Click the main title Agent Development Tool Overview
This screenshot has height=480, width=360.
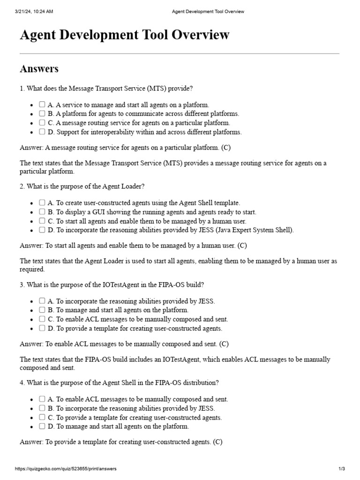coord(125,35)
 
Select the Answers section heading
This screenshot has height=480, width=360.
coord(39,69)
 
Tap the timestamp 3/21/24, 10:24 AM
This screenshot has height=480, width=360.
coord(34,12)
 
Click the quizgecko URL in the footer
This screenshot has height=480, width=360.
coord(66,469)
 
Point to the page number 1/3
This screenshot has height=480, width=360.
coord(342,469)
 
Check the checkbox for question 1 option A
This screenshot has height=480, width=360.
coord(42,105)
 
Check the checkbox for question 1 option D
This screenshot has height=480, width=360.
coord(42,132)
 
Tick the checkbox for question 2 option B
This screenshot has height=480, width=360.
coord(42,212)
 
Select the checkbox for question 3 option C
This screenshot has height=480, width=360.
coord(42,319)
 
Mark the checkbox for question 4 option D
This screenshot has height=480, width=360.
coord(42,426)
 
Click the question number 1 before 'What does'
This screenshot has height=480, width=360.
coord(22,88)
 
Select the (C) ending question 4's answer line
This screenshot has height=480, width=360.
coord(217,442)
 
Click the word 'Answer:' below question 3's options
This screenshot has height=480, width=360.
coord(31,344)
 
